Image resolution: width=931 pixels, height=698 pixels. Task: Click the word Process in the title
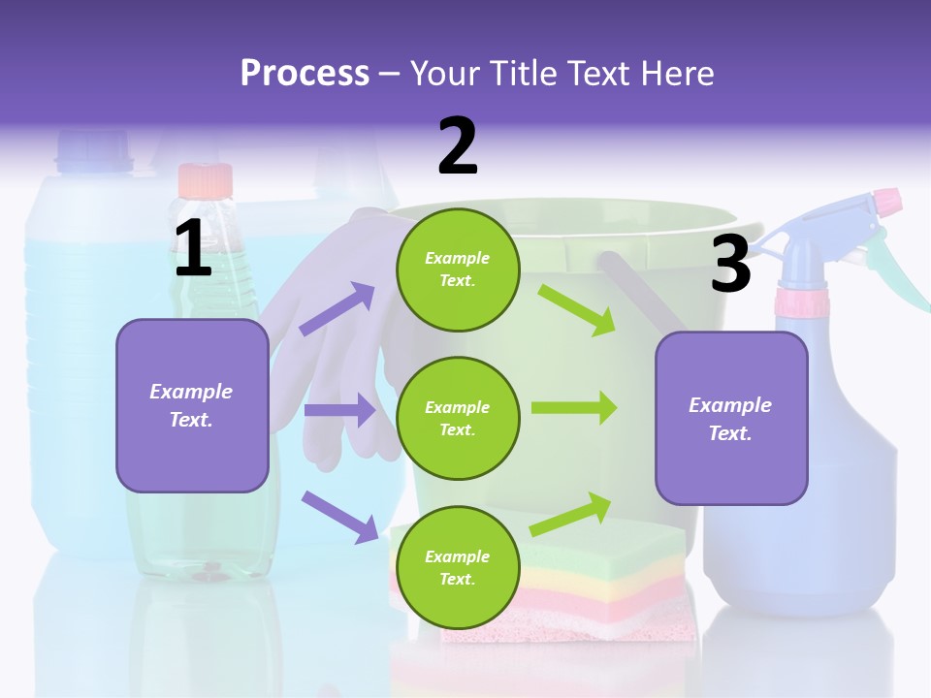coord(305,74)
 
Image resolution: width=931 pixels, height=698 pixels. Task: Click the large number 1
coord(193,249)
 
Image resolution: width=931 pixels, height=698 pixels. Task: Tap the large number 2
coord(458,146)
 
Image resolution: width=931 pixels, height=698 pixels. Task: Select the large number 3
coord(730,264)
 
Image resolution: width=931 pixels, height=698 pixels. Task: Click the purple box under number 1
coord(192,405)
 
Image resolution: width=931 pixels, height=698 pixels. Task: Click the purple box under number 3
coord(731,418)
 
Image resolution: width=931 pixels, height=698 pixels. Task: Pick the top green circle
coord(458,270)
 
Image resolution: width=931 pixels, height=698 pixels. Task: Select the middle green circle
coord(458,418)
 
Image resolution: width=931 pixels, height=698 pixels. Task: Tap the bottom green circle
coord(458,567)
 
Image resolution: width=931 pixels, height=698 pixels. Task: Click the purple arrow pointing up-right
coord(337,308)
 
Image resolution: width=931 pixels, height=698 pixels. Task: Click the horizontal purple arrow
coord(339,410)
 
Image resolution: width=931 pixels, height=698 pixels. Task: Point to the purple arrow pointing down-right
coord(339,516)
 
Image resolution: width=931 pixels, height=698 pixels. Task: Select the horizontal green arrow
coord(574,408)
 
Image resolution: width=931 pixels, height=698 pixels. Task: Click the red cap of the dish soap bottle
coord(205,180)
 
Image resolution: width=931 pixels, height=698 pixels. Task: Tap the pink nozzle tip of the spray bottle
coord(886,203)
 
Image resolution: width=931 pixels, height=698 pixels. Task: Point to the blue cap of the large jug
coord(94,152)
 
